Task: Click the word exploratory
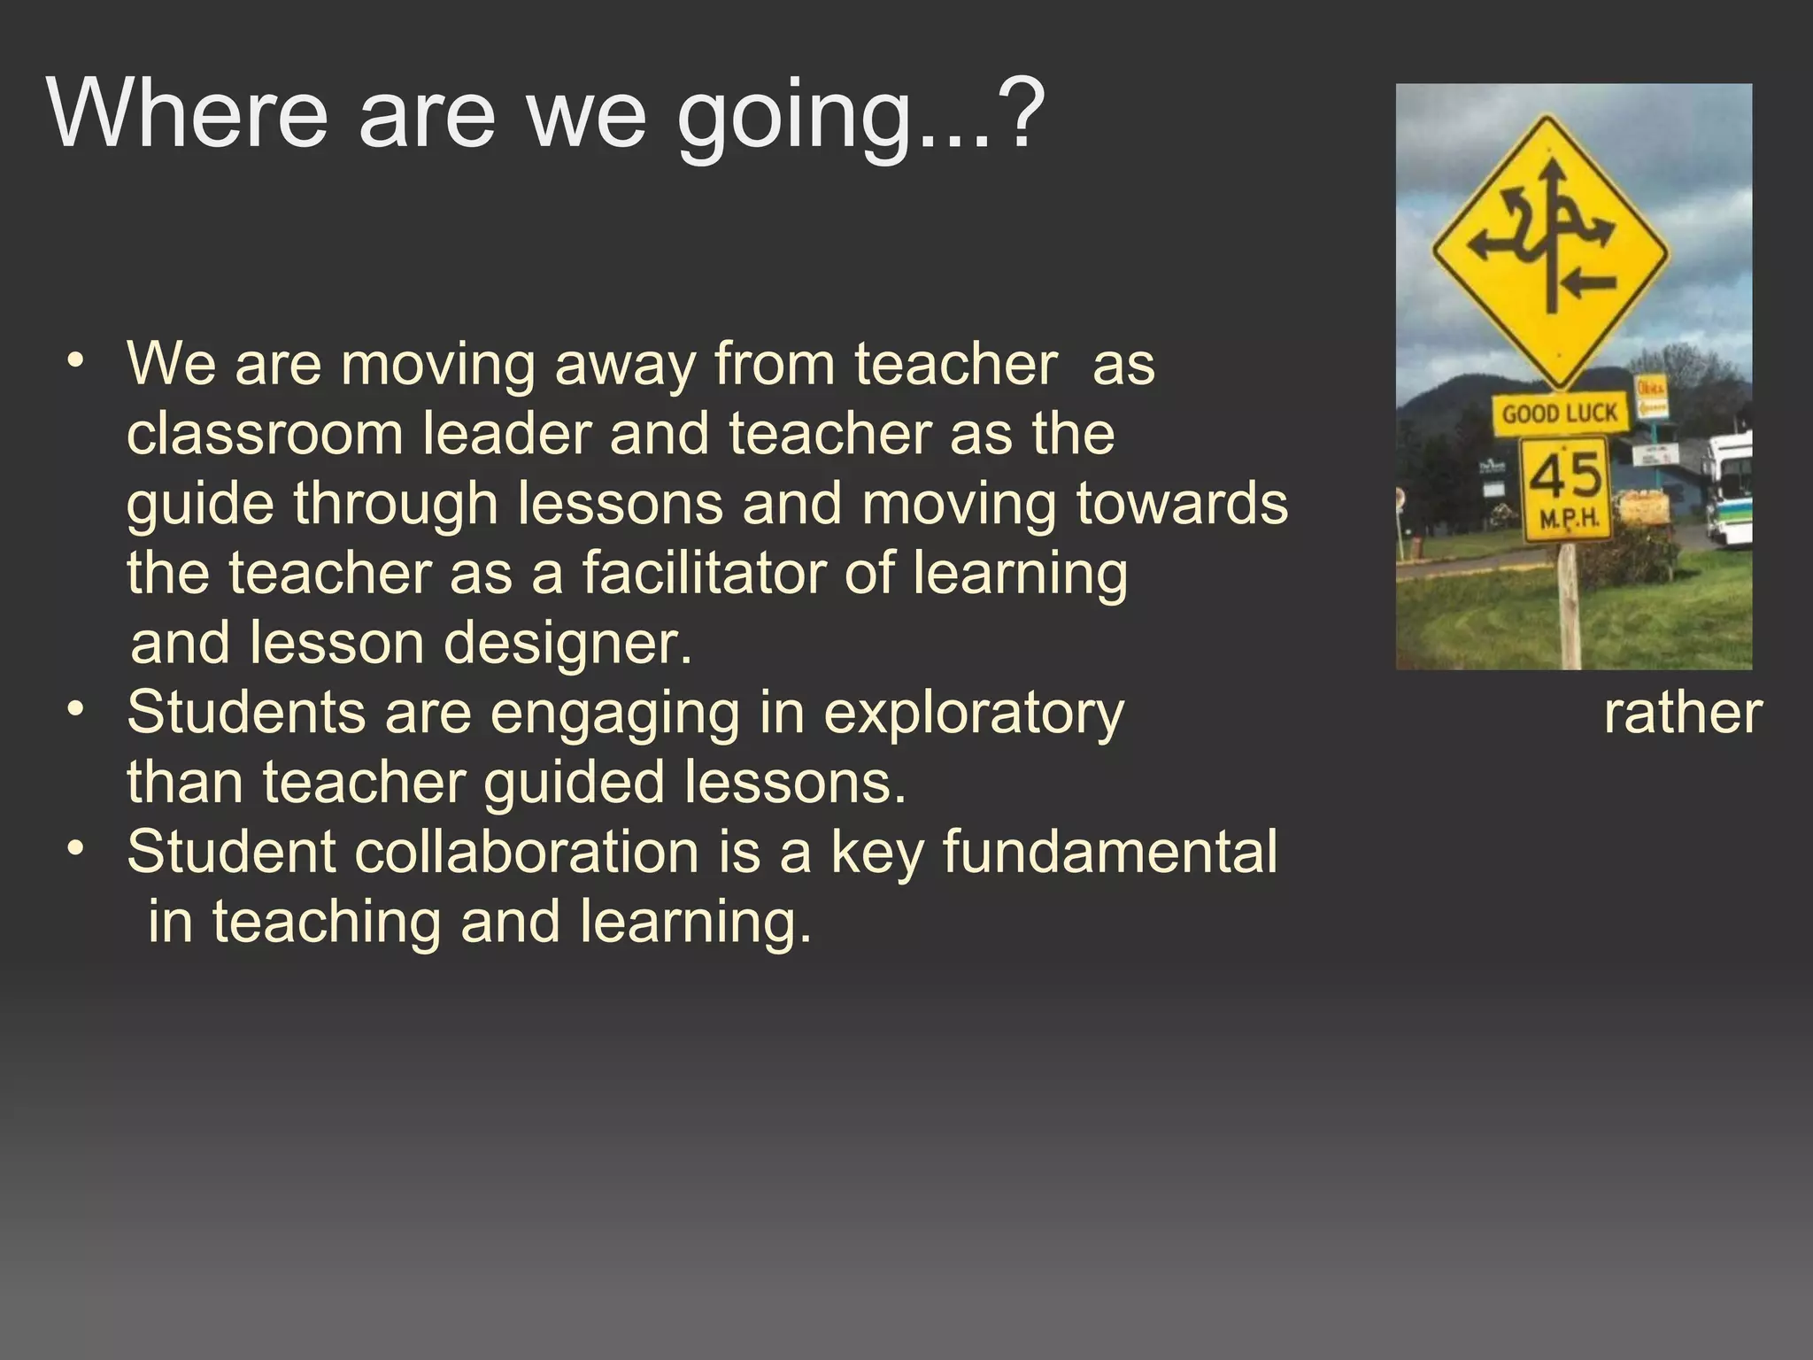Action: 974,714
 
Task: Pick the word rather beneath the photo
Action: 1683,714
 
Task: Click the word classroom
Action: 265,434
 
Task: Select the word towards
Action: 1182,504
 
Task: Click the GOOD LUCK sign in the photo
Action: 1560,413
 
